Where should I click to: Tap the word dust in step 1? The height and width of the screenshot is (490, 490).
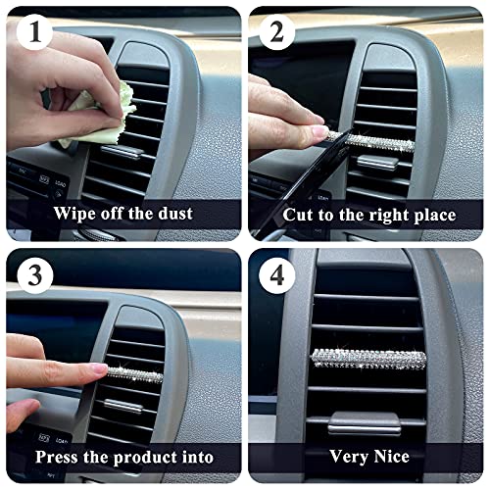(x=172, y=214)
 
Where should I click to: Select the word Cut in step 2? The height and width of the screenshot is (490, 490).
(x=299, y=214)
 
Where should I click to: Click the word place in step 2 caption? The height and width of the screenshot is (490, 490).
(x=428, y=215)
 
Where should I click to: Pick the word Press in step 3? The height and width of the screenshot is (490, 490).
(x=62, y=457)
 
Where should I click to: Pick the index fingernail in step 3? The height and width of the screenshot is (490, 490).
(x=97, y=368)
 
